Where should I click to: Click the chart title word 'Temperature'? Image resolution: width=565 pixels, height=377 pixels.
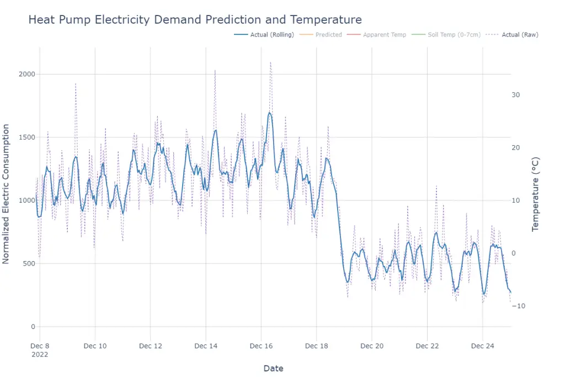point(326,20)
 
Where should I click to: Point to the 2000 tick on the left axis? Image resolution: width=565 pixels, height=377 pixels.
point(28,74)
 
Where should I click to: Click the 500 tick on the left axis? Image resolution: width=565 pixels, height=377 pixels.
point(29,263)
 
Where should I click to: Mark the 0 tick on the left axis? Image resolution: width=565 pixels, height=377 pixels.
point(33,327)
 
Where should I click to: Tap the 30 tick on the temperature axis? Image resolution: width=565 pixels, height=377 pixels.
point(516,95)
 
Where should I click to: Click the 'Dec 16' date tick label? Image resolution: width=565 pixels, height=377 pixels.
point(261,346)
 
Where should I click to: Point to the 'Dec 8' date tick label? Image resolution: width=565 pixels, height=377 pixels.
point(40,346)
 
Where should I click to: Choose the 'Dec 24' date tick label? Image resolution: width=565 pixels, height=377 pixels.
point(483,346)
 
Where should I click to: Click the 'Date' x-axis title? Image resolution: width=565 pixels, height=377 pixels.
point(274,368)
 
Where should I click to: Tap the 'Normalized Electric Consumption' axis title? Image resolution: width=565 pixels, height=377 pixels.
point(7,194)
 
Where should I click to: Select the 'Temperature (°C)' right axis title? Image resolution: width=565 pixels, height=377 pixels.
point(535,194)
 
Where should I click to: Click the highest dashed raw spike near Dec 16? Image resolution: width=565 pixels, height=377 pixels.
point(270,62)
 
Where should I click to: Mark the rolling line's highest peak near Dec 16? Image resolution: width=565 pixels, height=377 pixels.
point(270,113)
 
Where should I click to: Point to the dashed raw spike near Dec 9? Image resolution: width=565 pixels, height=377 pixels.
point(76,84)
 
